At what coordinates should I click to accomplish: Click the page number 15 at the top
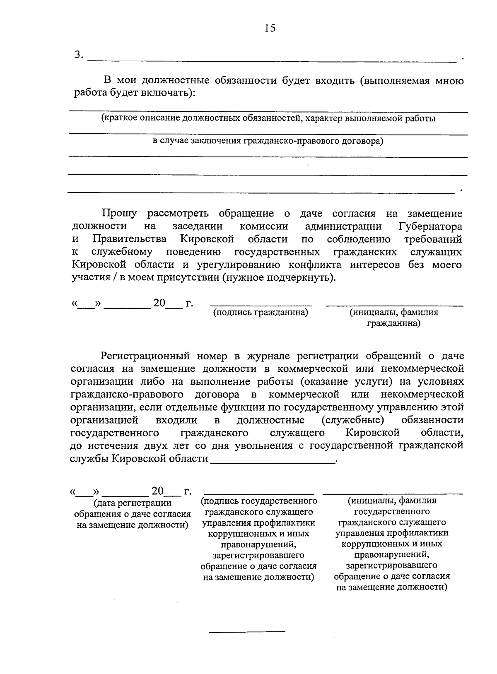(270, 28)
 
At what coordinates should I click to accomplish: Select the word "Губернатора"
(430, 226)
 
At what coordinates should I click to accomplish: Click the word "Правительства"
(130, 239)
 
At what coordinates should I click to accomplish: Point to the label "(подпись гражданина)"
(261, 313)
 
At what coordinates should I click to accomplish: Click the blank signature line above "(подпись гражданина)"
(261, 306)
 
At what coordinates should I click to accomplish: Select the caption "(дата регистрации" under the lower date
(133, 503)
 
